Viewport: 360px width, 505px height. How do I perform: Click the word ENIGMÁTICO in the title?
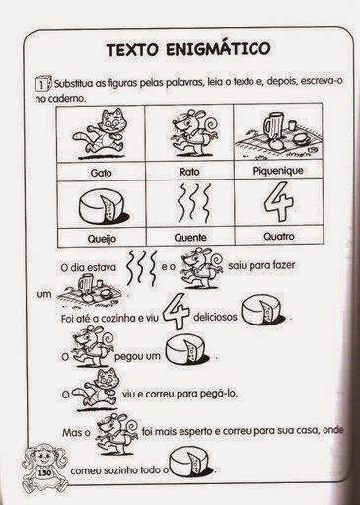[218, 49]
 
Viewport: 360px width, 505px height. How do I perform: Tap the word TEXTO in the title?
[132, 50]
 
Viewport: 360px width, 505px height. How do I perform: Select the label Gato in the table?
[101, 173]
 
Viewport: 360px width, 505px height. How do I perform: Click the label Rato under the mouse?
[189, 172]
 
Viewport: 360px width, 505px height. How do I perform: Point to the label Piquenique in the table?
[278, 171]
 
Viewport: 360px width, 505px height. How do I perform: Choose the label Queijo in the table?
[102, 238]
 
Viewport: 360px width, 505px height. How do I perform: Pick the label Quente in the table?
[190, 237]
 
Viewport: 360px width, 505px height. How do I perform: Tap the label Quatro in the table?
[279, 236]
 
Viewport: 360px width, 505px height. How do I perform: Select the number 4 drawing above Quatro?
[279, 202]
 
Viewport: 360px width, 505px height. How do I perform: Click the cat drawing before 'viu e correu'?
[96, 391]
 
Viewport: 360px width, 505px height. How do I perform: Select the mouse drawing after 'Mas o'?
[116, 433]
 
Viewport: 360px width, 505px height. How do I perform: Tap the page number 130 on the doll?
[43, 473]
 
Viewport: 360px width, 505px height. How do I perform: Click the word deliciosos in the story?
[215, 317]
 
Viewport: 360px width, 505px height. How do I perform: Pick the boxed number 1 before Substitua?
[42, 84]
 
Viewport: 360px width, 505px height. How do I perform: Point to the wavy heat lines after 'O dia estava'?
[141, 267]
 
